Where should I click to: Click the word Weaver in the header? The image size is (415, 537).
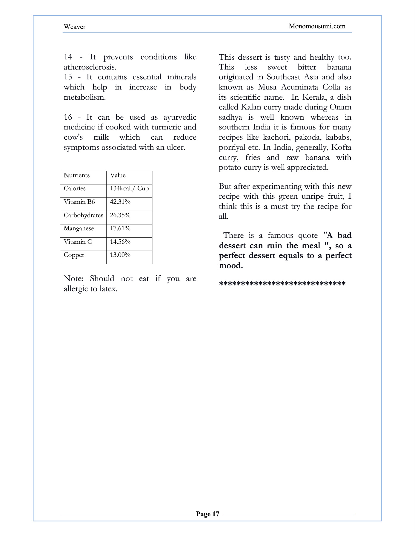[x=74, y=27]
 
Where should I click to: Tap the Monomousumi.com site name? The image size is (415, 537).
[x=317, y=26]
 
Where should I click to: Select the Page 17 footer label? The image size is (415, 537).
[x=207, y=514]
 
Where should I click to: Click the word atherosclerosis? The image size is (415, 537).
[x=90, y=67]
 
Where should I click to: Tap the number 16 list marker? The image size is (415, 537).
[x=68, y=117]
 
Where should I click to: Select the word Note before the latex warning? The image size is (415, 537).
[x=73, y=279]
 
